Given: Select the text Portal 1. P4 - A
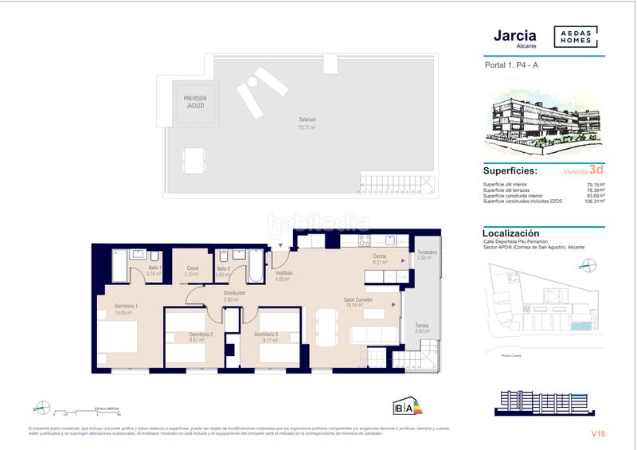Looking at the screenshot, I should coord(512,67).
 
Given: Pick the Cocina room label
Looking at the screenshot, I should coord(379,256).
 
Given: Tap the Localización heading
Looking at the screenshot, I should coord(512,233).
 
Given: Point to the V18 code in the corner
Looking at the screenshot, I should coord(598,433).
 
